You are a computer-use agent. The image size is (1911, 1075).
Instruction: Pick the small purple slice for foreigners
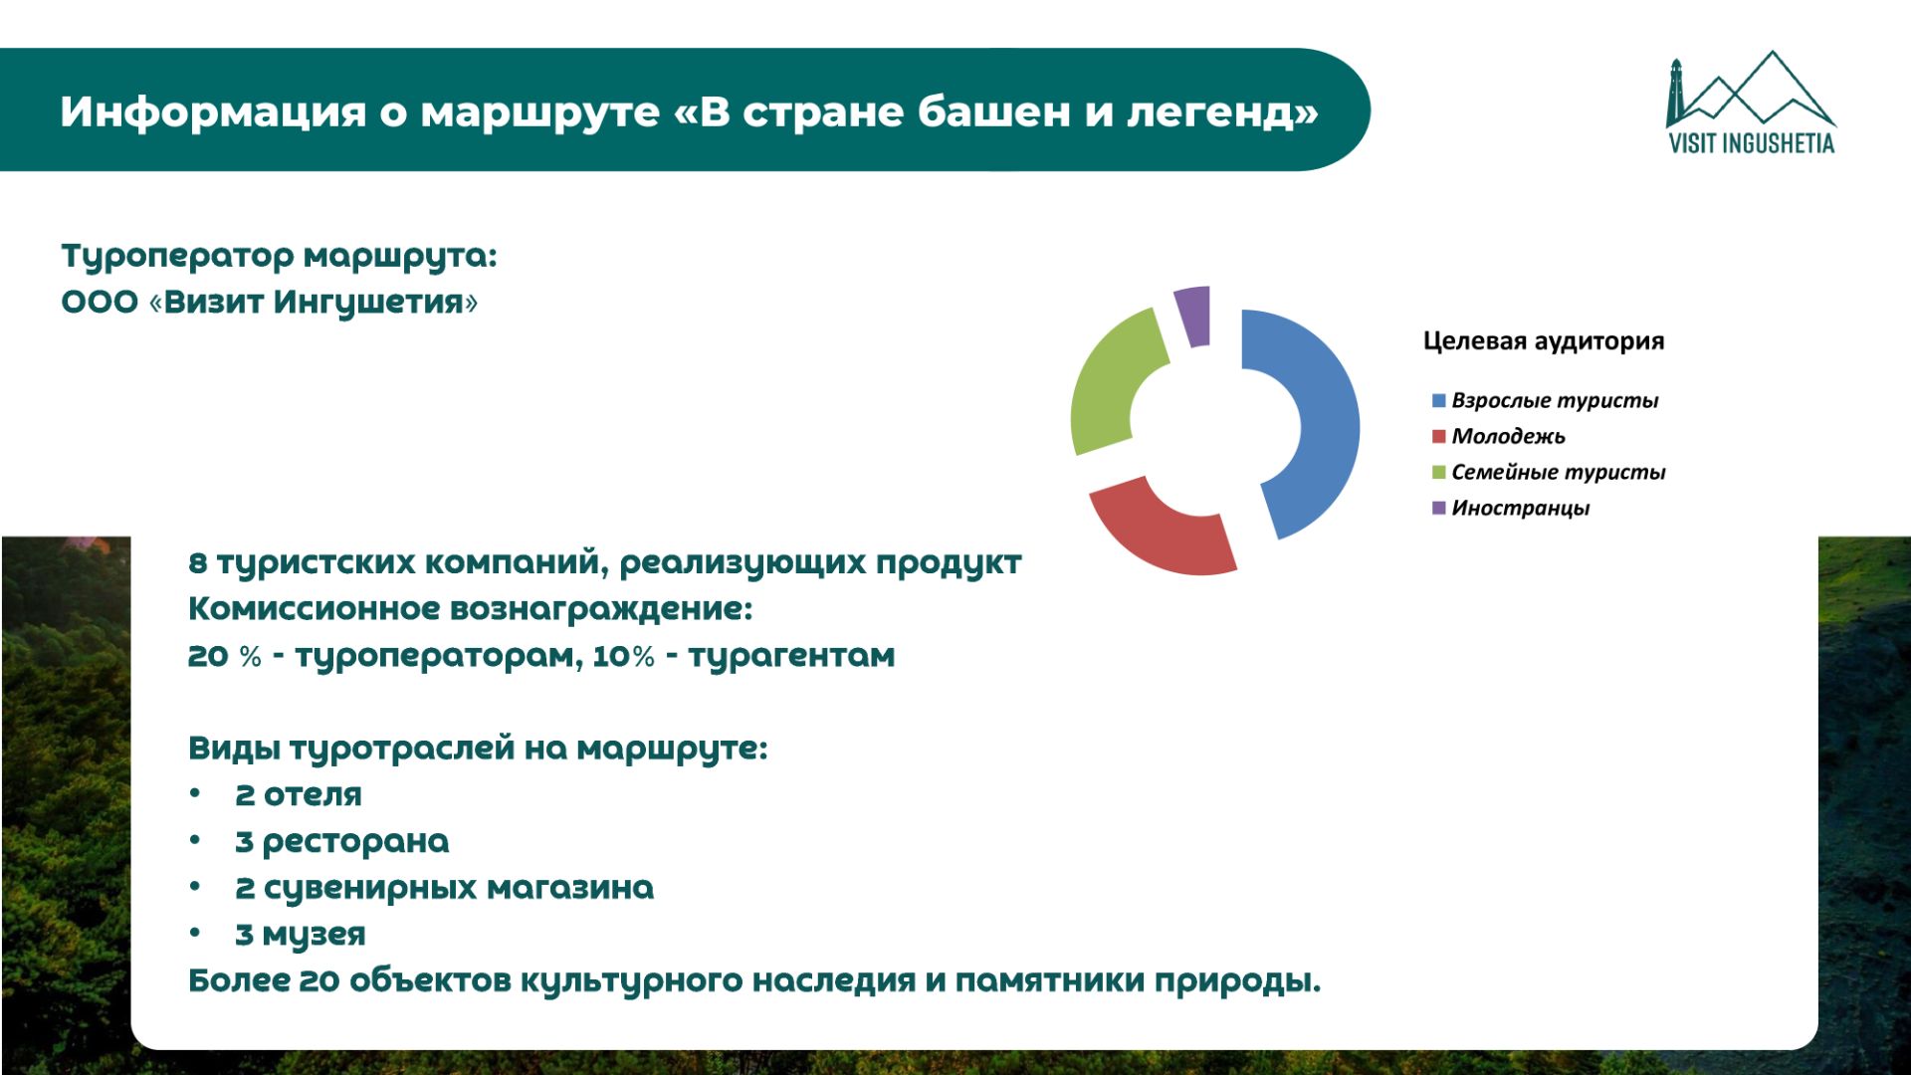[1192, 316]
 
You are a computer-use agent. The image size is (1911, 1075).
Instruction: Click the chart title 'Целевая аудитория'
[1544, 341]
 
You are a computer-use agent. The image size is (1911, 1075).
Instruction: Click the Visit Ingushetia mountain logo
[1751, 104]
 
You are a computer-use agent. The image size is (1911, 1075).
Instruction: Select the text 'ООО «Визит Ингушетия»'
[270, 302]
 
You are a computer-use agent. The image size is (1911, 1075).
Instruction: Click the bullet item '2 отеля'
[298, 794]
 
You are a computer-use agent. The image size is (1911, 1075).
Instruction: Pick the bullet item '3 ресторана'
[341, 842]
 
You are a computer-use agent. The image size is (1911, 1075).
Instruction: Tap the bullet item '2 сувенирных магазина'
[444, 888]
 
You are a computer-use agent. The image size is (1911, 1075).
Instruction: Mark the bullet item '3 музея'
[300, 935]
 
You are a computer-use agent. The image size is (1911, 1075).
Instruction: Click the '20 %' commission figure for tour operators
[225, 656]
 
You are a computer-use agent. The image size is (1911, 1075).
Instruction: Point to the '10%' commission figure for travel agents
[624, 656]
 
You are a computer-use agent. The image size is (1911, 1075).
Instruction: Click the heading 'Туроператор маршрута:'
[279, 257]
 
